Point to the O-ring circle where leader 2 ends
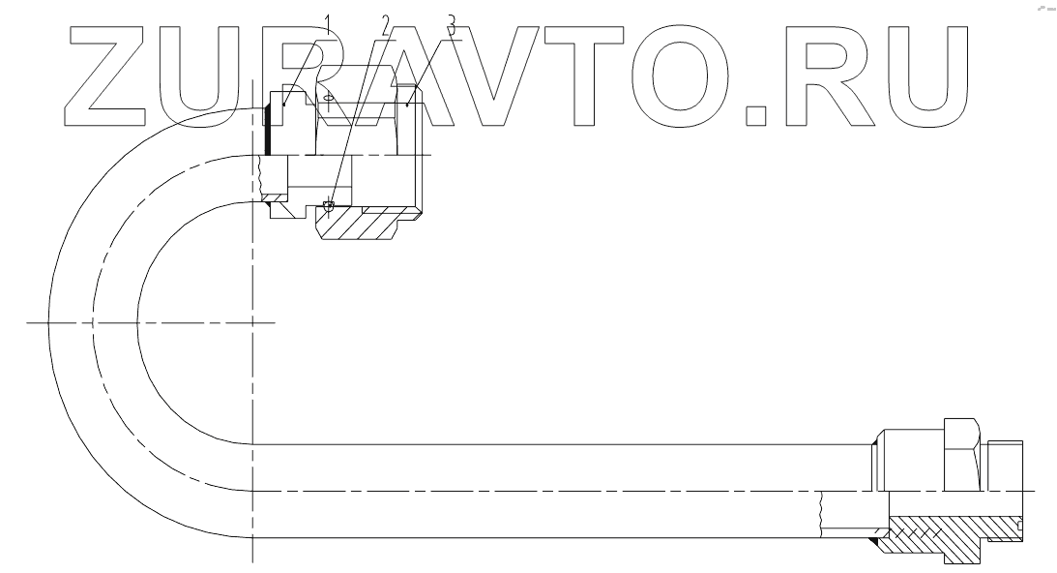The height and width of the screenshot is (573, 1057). pos(330,205)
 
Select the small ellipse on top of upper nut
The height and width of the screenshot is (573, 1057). pos(330,97)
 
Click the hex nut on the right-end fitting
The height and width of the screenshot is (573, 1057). pos(963,452)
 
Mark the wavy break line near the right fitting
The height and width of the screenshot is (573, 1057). pos(821,513)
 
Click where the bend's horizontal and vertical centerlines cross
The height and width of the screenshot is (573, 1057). pos(251,322)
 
